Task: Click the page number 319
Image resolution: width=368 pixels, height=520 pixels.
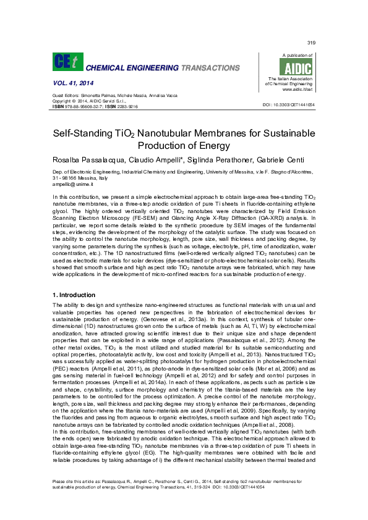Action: (310, 42)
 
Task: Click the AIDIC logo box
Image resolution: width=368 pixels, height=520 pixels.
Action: (297, 66)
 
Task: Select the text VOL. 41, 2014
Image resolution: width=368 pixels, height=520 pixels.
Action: (69, 82)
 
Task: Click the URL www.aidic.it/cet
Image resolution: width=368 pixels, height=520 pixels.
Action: (296, 90)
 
